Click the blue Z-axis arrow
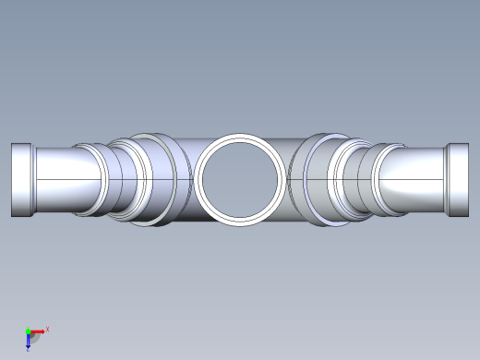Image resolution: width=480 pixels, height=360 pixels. tap(29, 341)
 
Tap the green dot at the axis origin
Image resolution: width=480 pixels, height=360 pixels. tap(28, 330)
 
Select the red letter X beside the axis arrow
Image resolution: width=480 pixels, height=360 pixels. tap(47, 329)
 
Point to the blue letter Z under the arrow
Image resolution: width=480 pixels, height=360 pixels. tap(29, 349)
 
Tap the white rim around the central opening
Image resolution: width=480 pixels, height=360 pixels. tap(240, 139)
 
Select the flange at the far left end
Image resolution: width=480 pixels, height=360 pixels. tap(22, 179)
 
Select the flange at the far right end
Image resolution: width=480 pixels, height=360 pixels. tap(458, 179)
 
